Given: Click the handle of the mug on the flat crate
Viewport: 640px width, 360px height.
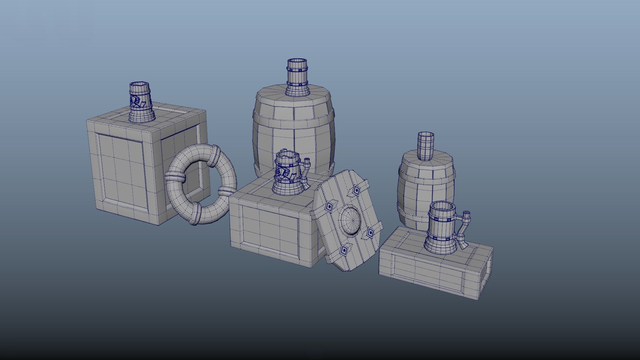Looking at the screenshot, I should coord(464,230).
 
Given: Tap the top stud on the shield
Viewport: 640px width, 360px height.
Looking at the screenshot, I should coord(357,190).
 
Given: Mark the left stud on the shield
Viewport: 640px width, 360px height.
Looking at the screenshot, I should coord(329,207).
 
